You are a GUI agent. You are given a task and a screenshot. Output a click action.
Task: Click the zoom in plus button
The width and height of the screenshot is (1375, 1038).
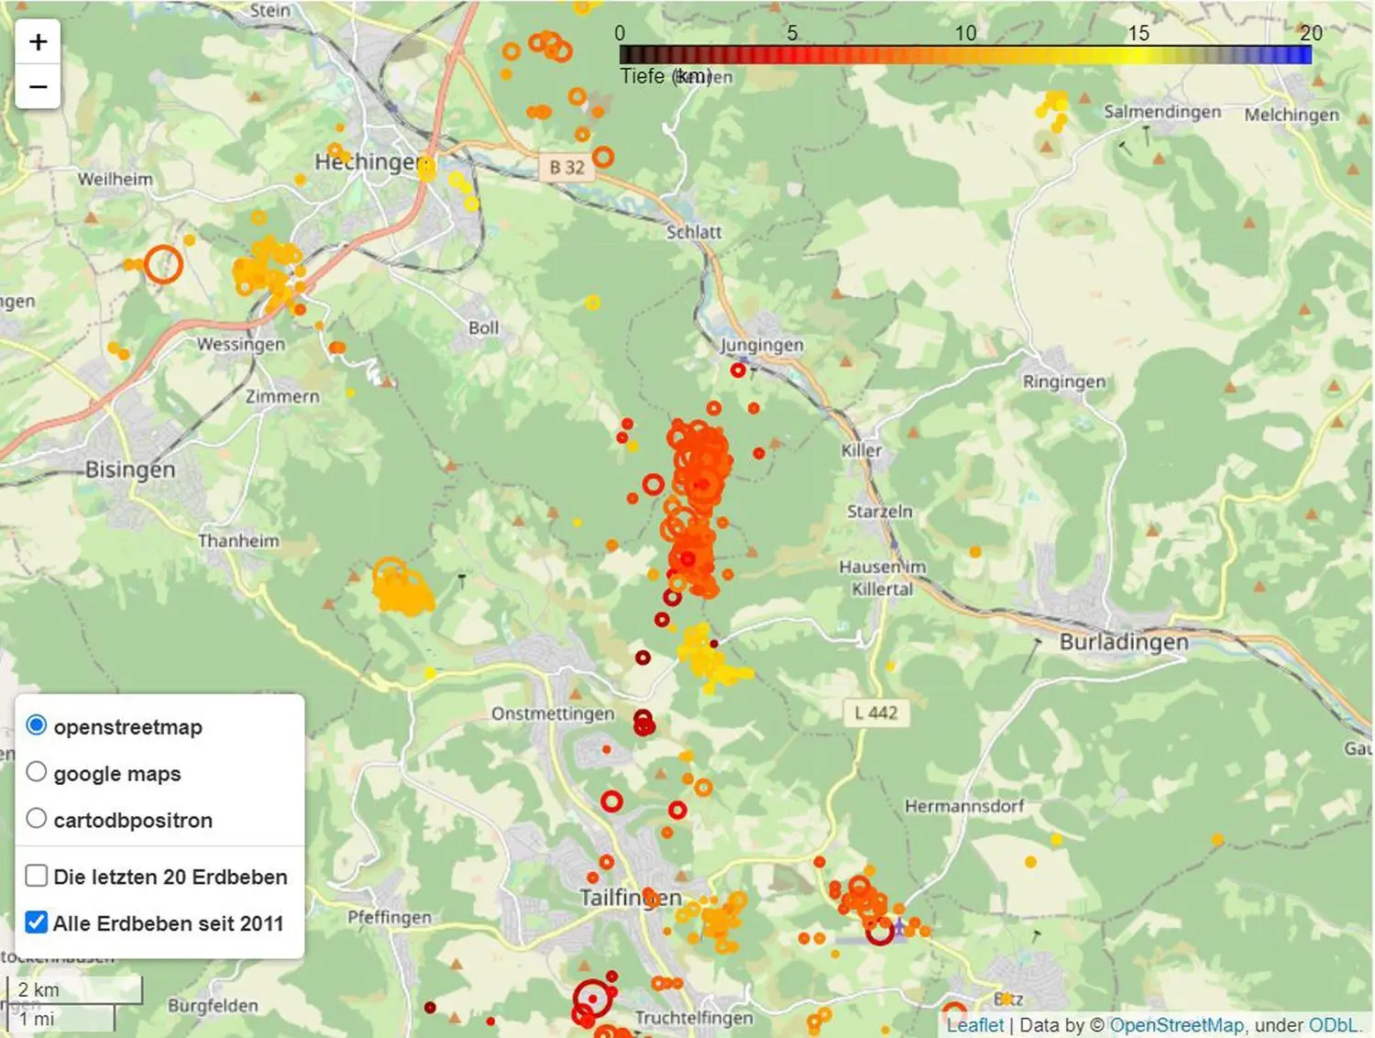pos(38,42)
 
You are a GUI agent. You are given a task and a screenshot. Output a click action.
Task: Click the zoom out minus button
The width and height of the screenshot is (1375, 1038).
pos(38,87)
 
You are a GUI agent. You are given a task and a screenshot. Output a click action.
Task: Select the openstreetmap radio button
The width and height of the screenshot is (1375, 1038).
pos(37,725)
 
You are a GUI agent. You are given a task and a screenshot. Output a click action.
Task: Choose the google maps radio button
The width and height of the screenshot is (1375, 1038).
pos(37,772)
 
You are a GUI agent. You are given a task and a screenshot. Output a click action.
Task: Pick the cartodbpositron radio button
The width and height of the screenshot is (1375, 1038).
pos(37,818)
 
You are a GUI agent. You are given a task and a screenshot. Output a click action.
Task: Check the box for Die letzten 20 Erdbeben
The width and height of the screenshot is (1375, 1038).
pos(37,876)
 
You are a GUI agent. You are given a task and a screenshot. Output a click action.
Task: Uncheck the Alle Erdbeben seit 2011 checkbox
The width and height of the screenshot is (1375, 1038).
pos(37,922)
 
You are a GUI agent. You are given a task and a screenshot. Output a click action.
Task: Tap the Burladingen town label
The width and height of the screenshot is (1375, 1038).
pos(1123,642)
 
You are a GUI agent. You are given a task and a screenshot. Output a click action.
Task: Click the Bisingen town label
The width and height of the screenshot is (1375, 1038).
pos(129,469)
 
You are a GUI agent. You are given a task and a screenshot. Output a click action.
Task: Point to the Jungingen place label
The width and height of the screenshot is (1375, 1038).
pos(761,345)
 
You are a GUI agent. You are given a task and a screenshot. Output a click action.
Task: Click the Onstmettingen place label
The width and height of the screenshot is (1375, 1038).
pos(552,713)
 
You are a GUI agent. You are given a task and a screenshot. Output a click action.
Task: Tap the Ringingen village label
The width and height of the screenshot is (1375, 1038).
pos(1063,381)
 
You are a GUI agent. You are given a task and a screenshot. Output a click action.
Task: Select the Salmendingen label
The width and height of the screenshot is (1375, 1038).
pos(1161,112)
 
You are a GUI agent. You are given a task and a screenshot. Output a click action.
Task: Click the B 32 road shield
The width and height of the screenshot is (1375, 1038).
pos(566,167)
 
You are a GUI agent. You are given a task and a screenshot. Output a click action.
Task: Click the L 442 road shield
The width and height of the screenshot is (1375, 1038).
pos(875,712)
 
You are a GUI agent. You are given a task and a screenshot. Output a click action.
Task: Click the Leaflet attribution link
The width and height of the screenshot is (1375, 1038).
pos(974,1025)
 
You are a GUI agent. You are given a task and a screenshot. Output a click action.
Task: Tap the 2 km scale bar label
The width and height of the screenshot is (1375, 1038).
pos(38,990)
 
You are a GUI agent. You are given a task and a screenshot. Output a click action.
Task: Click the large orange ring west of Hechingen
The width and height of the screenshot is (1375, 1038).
pos(163,264)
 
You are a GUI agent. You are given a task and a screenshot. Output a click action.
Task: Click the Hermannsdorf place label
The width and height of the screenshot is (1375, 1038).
pos(964,806)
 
